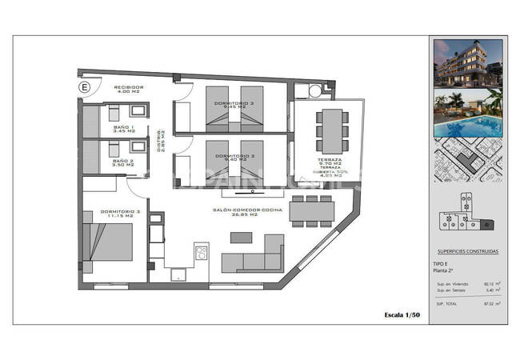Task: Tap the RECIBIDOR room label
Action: click(x=128, y=89)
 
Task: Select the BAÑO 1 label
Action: click(x=123, y=128)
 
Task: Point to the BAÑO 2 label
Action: click(x=123, y=162)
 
